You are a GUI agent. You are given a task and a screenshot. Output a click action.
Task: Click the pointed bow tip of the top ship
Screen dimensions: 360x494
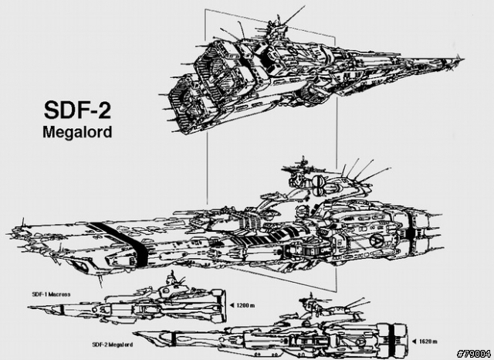click(x=462, y=56)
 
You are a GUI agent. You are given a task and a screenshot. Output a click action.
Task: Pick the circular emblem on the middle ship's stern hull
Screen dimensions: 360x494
click(x=377, y=242)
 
